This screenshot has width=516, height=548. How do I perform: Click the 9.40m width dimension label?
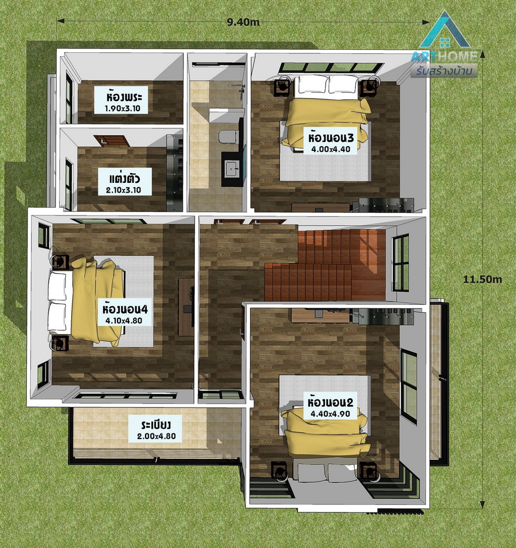click(x=243, y=22)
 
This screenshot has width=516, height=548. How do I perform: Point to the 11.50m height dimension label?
click(x=482, y=279)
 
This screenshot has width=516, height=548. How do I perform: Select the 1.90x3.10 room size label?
click(x=122, y=108)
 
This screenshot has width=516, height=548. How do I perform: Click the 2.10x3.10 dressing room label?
click(x=124, y=190)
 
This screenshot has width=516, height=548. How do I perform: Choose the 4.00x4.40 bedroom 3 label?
click(x=331, y=150)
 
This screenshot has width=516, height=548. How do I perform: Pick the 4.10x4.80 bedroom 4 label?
click(x=124, y=320)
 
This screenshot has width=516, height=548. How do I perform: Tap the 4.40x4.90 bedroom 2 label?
click(x=330, y=414)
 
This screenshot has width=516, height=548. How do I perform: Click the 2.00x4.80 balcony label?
click(x=157, y=436)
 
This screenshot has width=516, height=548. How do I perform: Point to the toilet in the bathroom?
click(x=228, y=136)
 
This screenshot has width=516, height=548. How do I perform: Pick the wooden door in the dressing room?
click(x=112, y=141)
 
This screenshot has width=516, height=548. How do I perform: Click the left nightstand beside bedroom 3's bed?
click(x=282, y=87)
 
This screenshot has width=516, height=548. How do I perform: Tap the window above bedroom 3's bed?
click(x=331, y=68)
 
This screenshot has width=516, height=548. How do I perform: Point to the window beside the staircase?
click(x=401, y=263)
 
